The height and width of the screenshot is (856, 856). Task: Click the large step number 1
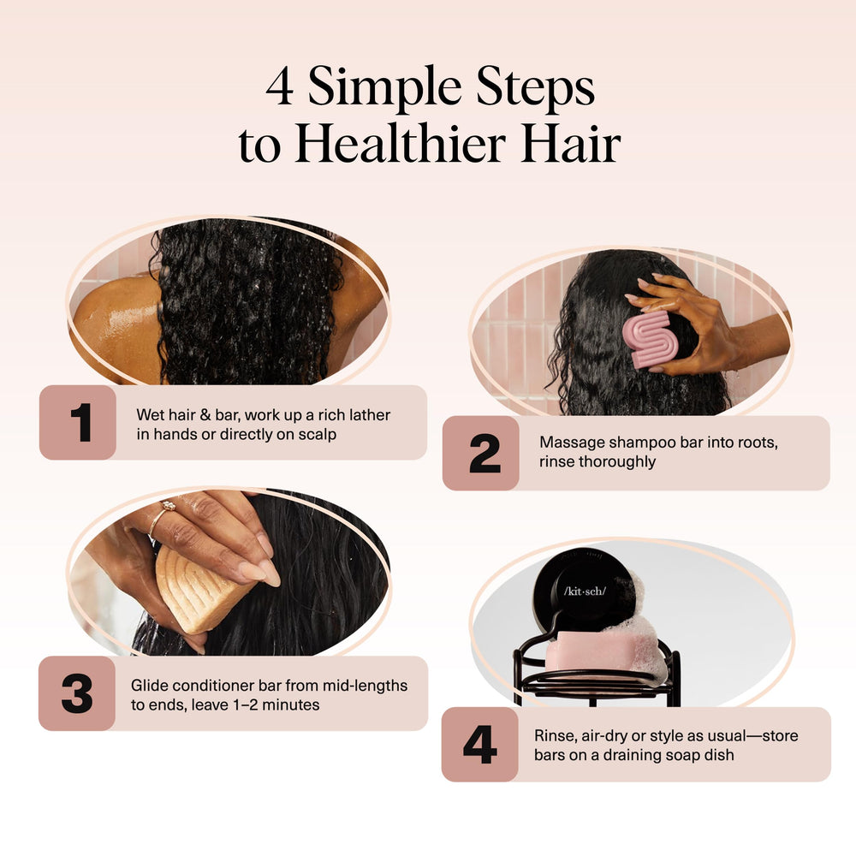pyautogui.click(x=81, y=422)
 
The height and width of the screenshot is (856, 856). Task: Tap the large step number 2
pyautogui.click(x=484, y=453)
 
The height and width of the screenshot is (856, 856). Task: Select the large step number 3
pyautogui.click(x=77, y=693)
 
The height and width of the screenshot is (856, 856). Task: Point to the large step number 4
pyautogui.click(x=480, y=744)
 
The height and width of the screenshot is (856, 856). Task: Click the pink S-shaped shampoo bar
pyautogui.click(x=651, y=339)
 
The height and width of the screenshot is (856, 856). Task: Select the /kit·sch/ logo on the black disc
pyautogui.click(x=585, y=591)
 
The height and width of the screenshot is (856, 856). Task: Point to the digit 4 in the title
pyautogui.click(x=280, y=86)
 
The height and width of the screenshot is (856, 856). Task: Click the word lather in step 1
pyautogui.click(x=370, y=415)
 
